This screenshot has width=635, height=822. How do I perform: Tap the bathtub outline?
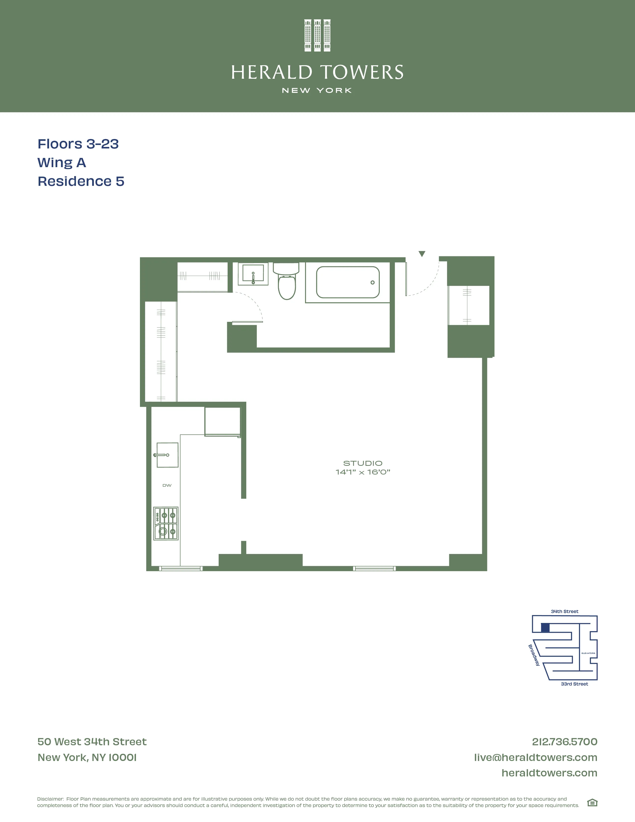tap(348, 282)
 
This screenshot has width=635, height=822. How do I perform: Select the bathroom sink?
tap(253, 274)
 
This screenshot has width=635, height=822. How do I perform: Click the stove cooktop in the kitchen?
tap(166, 524)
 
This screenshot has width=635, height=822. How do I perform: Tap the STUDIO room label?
tap(363, 463)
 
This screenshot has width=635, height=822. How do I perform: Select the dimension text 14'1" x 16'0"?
tap(363, 472)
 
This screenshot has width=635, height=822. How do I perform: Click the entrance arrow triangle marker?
tap(422, 254)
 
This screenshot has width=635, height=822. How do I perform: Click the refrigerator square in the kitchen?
tap(222, 421)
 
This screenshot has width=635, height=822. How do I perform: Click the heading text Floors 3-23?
tap(78, 144)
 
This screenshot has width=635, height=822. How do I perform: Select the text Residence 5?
tap(81, 181)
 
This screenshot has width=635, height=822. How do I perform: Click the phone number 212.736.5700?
tap(564, 742)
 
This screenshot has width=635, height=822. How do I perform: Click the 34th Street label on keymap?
tap(564, 611)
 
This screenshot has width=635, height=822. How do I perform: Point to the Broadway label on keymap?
tap(534, 655)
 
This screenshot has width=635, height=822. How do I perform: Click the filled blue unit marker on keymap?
tap(545, 628)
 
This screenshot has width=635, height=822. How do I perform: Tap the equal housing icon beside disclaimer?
tap(592, 803)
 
